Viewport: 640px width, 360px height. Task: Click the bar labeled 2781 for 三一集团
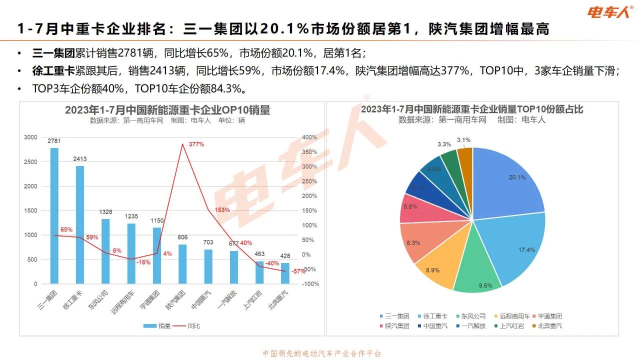[54, 215]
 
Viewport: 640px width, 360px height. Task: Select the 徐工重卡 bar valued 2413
[80, 225]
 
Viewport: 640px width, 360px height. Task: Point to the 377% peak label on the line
[196, 144]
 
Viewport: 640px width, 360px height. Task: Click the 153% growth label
[222, 210]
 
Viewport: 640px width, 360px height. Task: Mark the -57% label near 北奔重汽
[298, 271]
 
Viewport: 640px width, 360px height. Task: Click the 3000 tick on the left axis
[30, 137]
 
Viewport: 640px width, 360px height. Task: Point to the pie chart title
[472, 109]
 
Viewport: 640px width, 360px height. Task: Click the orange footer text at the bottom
[322, 353]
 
